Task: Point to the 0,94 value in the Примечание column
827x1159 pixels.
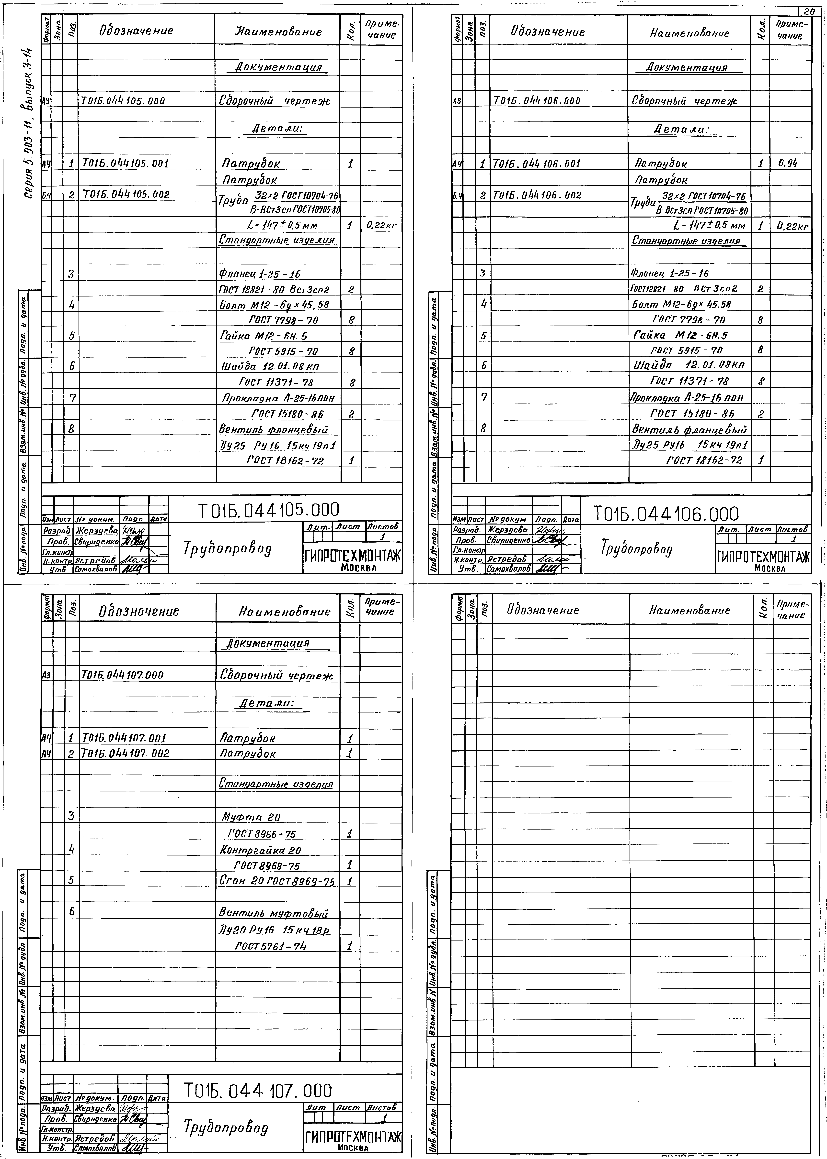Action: click(787, 163)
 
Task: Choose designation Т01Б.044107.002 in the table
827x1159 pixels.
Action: click(125, 753)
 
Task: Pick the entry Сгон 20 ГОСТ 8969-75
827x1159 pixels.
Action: click(277, 881)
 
